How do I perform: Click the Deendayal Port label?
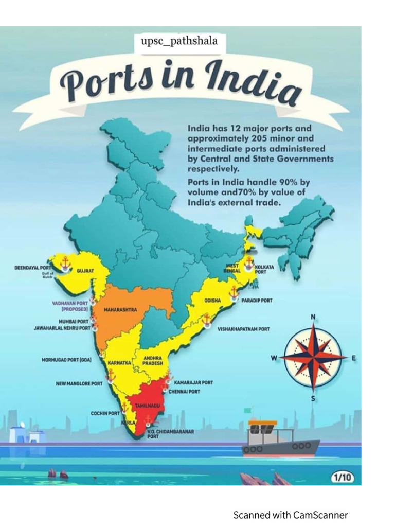pyautogui.click(x=33, y=268)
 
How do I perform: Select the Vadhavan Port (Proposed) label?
pyautogui.click(x=70, y=306)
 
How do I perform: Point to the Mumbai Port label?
pyautogui.click(x=74, y=321)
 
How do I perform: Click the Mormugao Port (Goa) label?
pyautogui.click(x=66, y=360)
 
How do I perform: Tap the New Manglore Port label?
pyautogui.click(x=79, y=383)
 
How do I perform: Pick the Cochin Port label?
pyautogui.click(x=105, y=413)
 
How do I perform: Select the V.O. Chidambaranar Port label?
pyautogui.click(x=170, y=434)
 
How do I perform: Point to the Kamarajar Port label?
pyautogui.click(x=193, y=382)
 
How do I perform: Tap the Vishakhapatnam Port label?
pyautogui.click(x=243, y=329)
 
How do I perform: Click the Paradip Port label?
pyautogui.click(x=257, y=300)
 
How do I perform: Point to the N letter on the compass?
pyautogui.click(x=313, y=317)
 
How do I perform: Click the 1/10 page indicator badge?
pyautogui.click(x=342, y=478)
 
